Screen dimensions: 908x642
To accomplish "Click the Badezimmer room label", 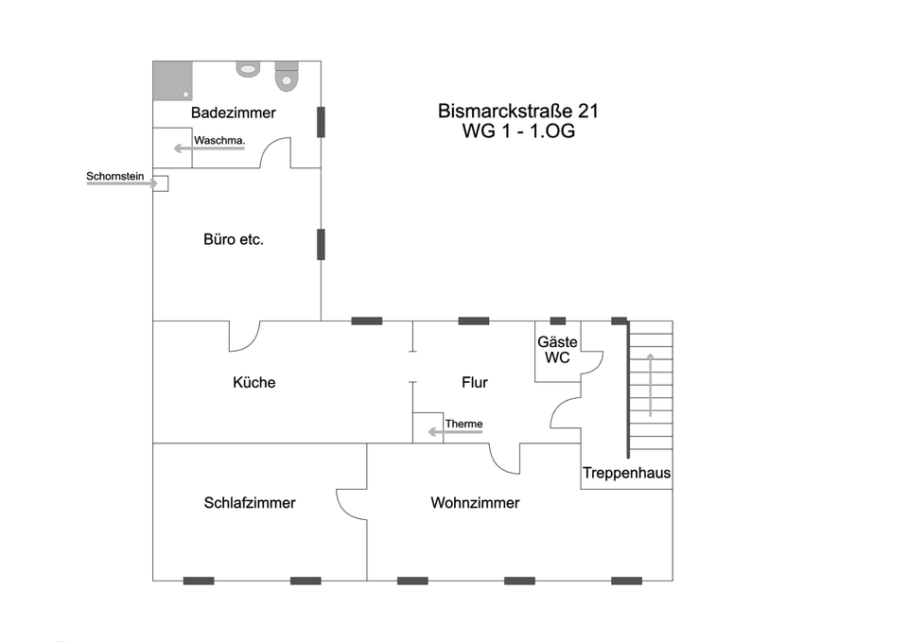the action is [x=233, y=113].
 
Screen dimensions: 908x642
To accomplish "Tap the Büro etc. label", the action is [x=234, y=239].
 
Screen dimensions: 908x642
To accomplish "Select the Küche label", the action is [x=253, y=382].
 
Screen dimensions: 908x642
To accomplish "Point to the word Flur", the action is [x=474, y=382].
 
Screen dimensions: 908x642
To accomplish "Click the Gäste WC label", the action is [x=557, y=349].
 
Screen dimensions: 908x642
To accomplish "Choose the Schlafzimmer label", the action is [x=250, y=502].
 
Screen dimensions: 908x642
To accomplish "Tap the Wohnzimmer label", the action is [x=475, y=502].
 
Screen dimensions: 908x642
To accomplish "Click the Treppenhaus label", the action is [x=626, y=473].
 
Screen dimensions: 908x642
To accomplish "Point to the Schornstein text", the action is [x=114, y=176].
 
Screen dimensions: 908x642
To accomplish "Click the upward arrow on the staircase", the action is [x=650, y=383].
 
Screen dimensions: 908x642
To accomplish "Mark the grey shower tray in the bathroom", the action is [x=172, y=81].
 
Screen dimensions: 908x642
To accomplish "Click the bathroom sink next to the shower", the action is [x=249, y=68].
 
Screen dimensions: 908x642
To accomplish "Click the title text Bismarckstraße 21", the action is [x=518, y=111].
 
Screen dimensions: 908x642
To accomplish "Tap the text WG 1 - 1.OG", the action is [x=518, y=131].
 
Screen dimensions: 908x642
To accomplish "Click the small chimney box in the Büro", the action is [x=162, y=183].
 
